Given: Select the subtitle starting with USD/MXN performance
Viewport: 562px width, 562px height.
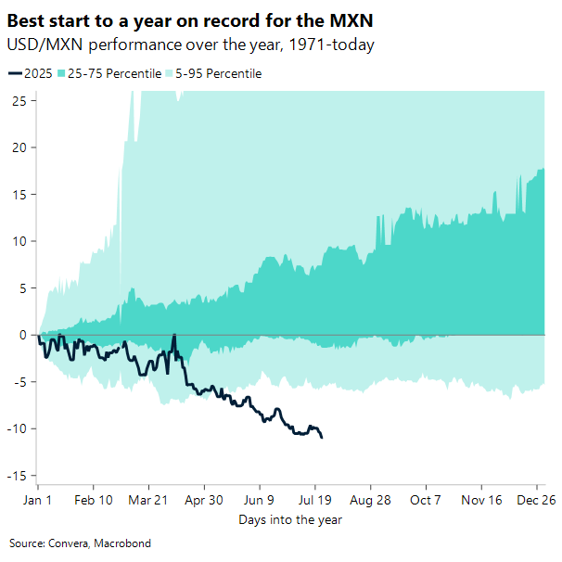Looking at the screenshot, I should click(190, 45).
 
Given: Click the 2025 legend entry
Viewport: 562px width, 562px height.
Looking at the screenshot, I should click(31, 73).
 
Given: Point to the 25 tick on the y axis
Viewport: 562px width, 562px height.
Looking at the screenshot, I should click(19, 101).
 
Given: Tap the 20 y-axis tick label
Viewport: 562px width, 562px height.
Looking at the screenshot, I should click(19, 147).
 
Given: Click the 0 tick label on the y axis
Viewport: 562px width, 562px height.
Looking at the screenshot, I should click(21, 335).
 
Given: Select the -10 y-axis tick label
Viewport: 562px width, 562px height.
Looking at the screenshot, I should click(16, 428).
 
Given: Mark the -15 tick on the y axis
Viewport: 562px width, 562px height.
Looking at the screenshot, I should click(16, 476).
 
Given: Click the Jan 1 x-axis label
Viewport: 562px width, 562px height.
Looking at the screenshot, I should click(37, 499).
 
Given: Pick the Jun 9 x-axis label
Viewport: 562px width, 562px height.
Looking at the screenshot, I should click(260, 499).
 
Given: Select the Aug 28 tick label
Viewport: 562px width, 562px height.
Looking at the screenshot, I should click(370, 499).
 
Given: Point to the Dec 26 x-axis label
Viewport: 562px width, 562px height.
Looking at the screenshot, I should click(537, 499).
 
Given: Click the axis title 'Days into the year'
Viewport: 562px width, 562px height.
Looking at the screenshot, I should click(289, 519).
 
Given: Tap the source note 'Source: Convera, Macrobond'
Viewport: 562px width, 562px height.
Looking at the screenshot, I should click(79, 543).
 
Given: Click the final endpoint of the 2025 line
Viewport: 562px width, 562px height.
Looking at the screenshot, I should click(322, 437).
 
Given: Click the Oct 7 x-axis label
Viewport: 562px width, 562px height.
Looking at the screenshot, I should click(426, 499).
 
